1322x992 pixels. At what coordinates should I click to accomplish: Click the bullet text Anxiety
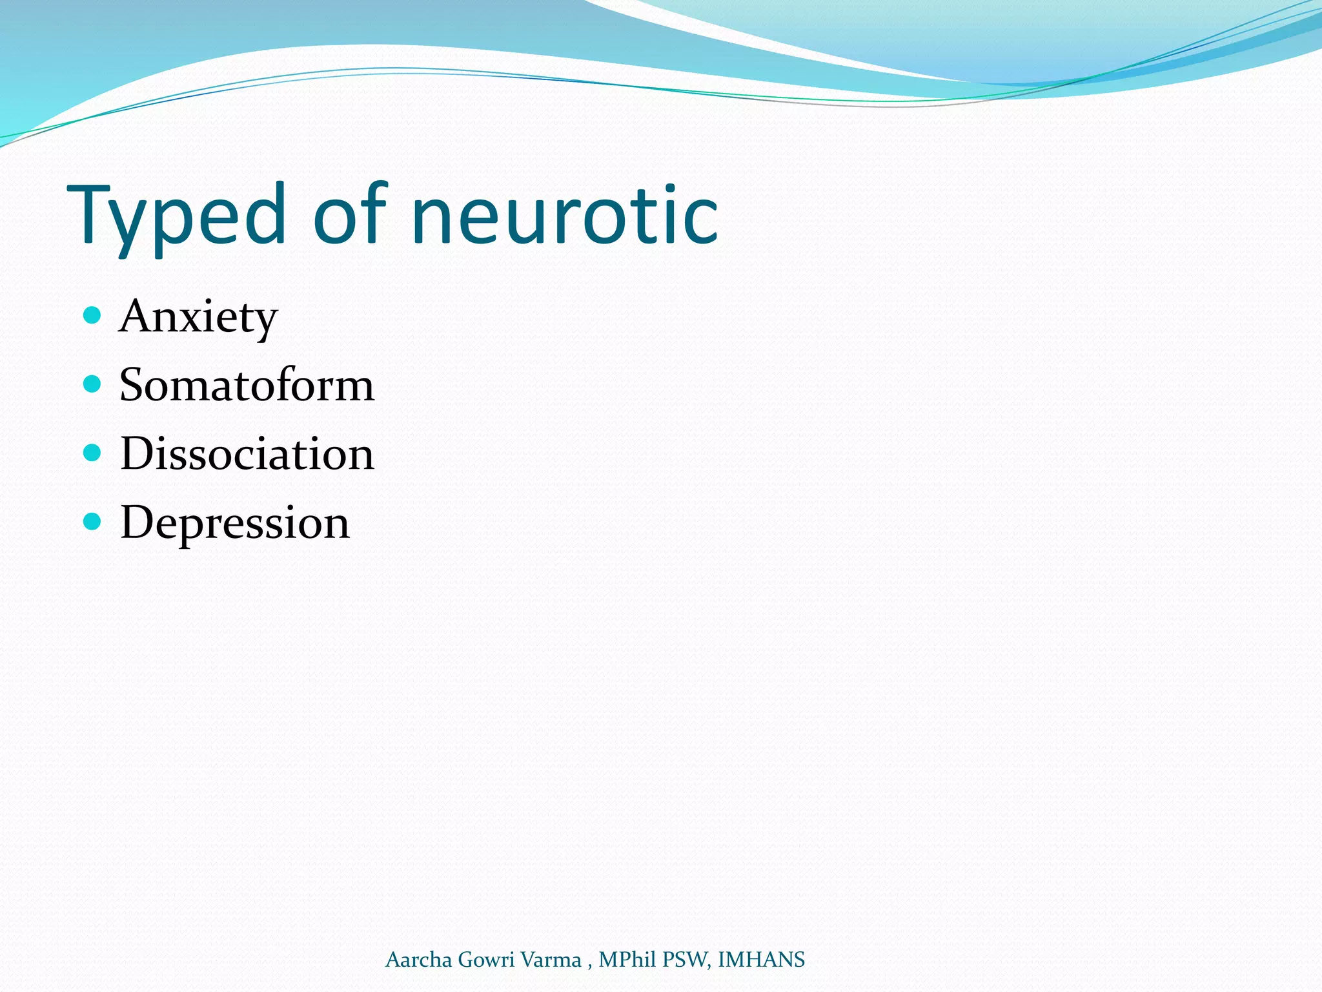[198, 317]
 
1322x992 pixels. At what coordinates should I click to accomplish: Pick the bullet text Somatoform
[247, 386]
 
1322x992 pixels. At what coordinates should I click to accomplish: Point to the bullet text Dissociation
[247, 454]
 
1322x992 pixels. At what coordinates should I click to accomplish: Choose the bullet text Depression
[234, 523]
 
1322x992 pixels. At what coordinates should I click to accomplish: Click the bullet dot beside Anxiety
[92, 316]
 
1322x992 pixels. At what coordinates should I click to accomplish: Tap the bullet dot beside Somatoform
[92, 384]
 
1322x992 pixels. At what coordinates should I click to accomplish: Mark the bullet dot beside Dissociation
[92, 453]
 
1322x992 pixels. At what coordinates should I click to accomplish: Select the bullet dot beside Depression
[92, 521]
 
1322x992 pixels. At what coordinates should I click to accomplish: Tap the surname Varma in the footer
[551, 960]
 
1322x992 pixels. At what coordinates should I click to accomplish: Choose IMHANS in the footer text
[761, 960]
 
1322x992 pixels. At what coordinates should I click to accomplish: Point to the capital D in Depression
[138, 522]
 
